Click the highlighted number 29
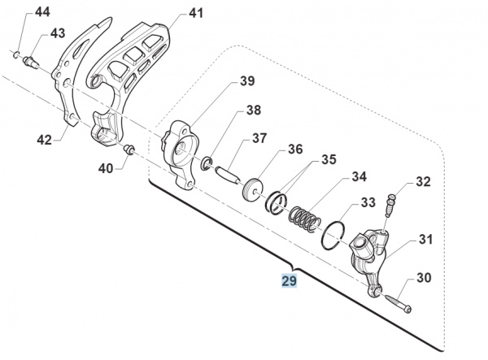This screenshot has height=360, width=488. pyautogui.click(x=289, y=280)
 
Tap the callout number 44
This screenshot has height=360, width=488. pyautogui.click(x=42, y=12)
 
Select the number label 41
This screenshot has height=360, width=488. pyautogui.click(x=196, y=13)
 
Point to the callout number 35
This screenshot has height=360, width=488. pyautogui.click(x=329, y=159)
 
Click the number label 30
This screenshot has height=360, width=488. pyautogui.click(x=424, y=278)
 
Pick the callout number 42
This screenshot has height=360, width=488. pyautogui.click(x=44, y=140)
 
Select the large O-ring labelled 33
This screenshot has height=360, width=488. pyautogui.click(x=333, y=236)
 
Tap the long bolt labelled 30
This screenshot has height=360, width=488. pyautogui.click(x=398, y=301)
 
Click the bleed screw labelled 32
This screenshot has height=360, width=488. pyautogui.click(x=390, y=205)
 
